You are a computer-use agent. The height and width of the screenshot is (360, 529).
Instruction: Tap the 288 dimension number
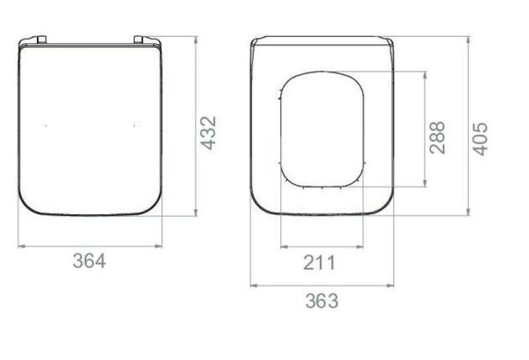437,137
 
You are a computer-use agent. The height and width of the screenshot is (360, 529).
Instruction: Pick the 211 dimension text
319,261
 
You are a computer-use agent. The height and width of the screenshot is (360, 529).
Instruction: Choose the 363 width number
321,300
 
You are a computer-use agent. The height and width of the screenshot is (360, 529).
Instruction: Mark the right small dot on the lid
134,127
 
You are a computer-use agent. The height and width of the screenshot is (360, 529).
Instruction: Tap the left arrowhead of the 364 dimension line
21,244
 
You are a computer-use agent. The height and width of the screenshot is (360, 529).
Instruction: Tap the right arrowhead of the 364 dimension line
161,244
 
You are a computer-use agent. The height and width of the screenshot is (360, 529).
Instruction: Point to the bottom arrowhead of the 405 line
469,213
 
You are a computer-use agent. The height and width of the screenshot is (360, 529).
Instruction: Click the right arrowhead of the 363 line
392,285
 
